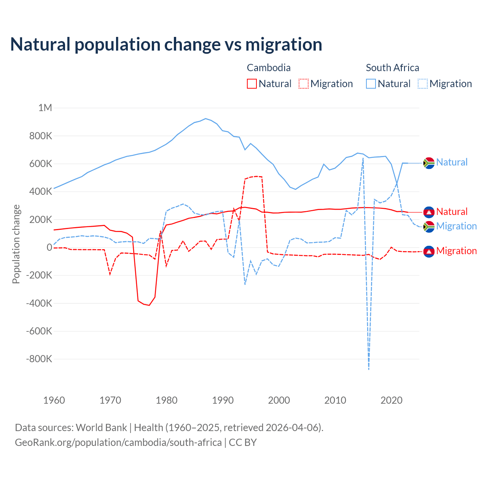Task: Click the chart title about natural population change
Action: pyautogui.click(x=166, y=45)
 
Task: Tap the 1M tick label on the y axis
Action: pyautogui.click(x=45, y=108)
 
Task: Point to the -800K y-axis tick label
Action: pyautogui.click(x=39, y=359)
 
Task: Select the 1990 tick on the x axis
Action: pyautogui.click(x=223, y=400)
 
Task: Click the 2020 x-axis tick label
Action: pyautogui.click(x=392, y=400)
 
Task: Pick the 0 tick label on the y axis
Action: pyautogui.click(x=49, y=247)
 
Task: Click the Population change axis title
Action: pyautogui.click(x=16, y=244)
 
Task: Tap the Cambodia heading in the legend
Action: pyautogui.click(x=269, y=68)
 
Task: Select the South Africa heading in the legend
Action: pyautogui.click(x=392, y=68)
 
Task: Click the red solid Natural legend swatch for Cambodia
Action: pyautogui.click(x=252, y=84)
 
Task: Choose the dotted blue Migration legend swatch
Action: pyautogui.click(x=423, y=84)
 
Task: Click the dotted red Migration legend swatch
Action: pyautogui.click(x=304, y=84)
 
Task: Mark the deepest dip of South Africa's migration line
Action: pyautogui.click(x=369, y=369)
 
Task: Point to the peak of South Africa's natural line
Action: pyautogui.click(x=205, y=119)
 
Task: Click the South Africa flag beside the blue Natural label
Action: pyautogui.click(x=429, y=163)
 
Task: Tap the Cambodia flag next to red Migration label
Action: pyautogui.click(x=429, y=251)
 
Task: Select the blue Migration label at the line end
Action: pyautogui.click(x=456, y=226)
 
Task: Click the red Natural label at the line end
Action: pyautogui.click(x=452, y=212)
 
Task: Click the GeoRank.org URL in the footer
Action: pyautogui.click(x=118, y=442)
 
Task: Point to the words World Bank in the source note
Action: pyautogui.click(x=101, y=428)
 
